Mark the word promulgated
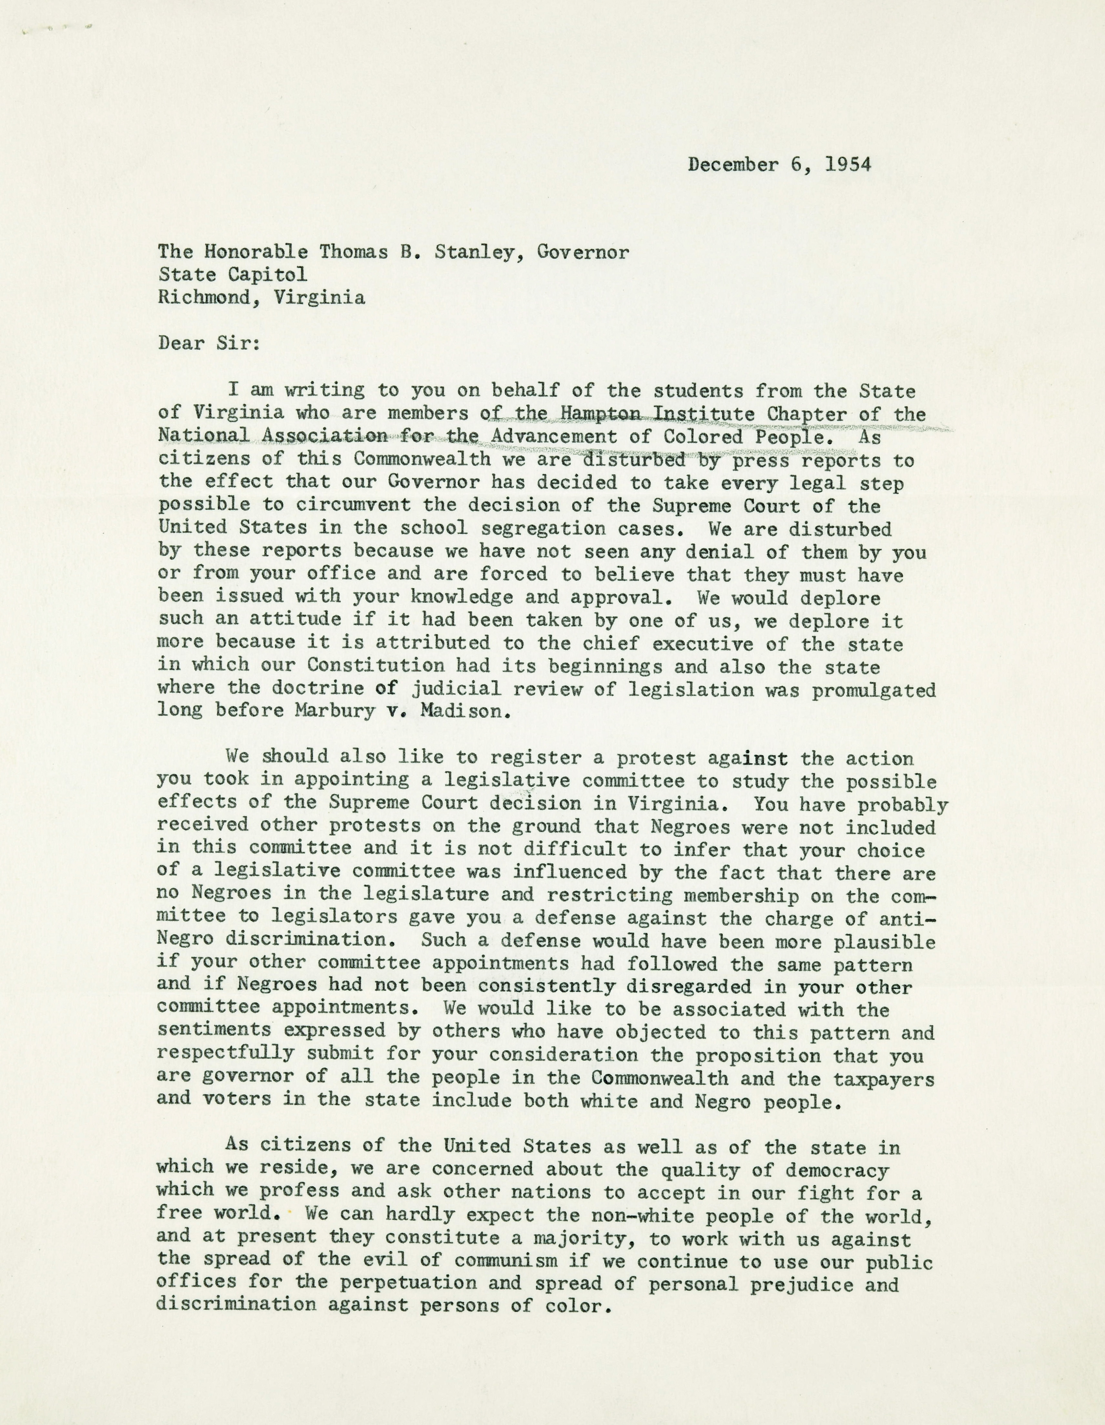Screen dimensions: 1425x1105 tap(874, 690)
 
